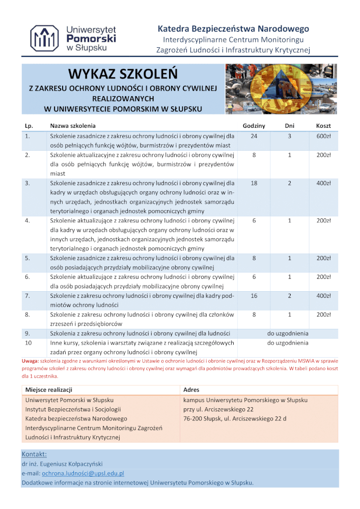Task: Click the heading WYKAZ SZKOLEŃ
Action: [123, 74]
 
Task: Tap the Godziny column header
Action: [254, 125]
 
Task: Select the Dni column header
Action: [289, 125]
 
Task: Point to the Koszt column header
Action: [324, 125]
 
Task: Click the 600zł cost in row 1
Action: [324, 136]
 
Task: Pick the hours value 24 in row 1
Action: [254, 136]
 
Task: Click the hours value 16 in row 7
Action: [254, 296]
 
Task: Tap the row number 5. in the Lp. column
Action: [27, 258]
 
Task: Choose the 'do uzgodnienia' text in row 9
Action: [288, 333]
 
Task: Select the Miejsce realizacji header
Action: [48, 390]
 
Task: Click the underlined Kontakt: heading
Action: [34, 454]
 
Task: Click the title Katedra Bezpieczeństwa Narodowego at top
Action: [233, 29]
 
